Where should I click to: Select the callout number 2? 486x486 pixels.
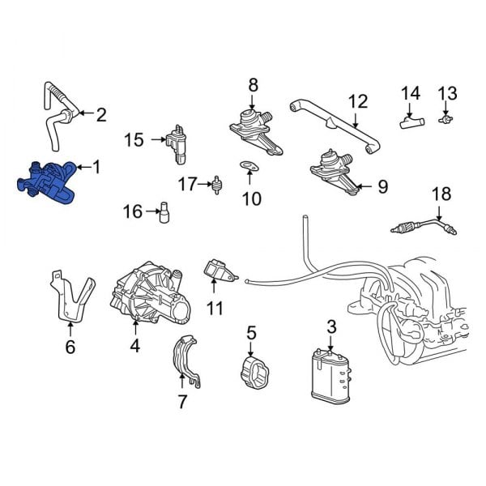(x=100, y=114)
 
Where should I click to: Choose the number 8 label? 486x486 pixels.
(x=253, y=84)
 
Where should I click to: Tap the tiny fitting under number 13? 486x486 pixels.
(x=445, y=118)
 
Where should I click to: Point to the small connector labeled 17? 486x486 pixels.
(x=216, y=184)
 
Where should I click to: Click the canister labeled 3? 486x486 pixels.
(x=331, y=373)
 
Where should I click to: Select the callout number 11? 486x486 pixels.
(x=215, y=308)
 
